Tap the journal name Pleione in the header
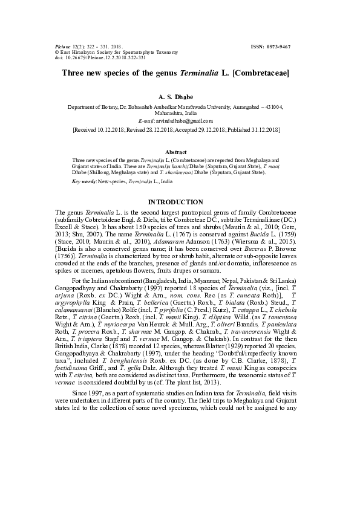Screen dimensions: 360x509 tap(62, 47)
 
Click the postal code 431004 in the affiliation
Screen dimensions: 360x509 tap(270, 106)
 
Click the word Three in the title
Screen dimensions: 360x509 tap(74, 73)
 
